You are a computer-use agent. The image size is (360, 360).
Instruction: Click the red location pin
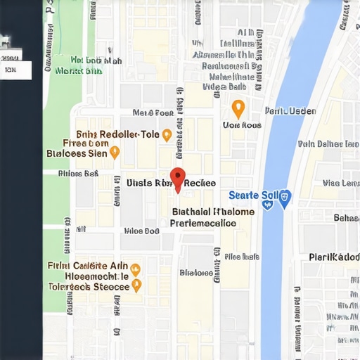point(178,179)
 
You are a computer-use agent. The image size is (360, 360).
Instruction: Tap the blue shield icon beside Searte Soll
point(285,198)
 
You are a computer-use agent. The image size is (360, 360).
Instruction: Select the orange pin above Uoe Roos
point(238,108)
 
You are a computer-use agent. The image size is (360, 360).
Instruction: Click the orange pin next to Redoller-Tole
point(167,135)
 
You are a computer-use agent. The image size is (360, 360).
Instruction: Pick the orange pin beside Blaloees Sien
point(115,152)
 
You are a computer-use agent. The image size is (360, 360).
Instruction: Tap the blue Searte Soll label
point(254,195)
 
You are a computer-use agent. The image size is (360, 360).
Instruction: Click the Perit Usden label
point(290,111)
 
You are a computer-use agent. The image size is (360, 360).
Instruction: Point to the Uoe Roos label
point(241,125)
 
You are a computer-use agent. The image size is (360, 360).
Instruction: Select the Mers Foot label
point(153,112)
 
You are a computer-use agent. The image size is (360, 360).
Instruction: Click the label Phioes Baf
point(78,173)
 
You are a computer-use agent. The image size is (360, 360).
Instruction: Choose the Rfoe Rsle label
point(242,257)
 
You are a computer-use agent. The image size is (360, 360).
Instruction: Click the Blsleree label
point(196,273)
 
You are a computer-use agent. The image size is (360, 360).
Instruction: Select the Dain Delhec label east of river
point(328,144)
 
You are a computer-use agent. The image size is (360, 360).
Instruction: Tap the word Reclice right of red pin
point(200,183)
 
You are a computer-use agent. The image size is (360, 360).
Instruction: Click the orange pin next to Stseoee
point(136,285)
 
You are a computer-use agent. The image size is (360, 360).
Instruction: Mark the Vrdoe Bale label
point(224,87)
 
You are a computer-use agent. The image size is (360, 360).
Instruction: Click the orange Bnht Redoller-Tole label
point(118,134)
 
